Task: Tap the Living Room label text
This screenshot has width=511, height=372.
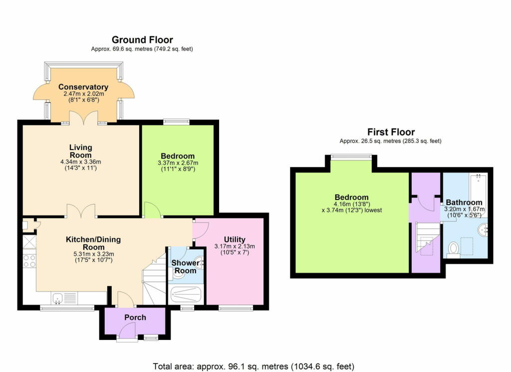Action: point(80,150)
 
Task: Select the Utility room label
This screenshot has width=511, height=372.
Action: point(234,239)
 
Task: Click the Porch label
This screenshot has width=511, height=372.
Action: point(135,317)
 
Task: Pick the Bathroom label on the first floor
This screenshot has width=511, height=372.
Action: point(464,202)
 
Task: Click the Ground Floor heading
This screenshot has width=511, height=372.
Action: point(142,39)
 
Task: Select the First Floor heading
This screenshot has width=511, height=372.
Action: point(391,132)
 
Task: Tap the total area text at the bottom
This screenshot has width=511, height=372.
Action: point(255,366)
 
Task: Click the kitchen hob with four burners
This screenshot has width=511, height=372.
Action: point(29,261)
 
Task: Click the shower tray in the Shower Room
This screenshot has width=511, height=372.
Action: point(186,294)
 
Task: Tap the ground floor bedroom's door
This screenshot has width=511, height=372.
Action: point(152,210)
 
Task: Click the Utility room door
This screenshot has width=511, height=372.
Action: point(201,229)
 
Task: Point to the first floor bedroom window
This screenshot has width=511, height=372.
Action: point(351,157)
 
